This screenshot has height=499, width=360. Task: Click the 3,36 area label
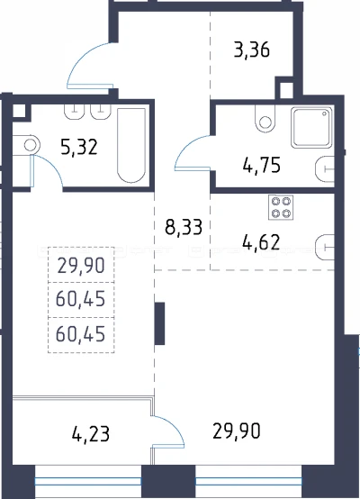(252, 50)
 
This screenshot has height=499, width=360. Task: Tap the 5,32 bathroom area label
(79, 148)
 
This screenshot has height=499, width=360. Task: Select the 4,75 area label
(261, 165)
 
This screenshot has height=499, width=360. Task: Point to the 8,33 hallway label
(184, 227)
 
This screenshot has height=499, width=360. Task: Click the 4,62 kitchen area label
(261, 242)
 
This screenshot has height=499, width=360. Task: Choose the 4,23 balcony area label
(91, 434)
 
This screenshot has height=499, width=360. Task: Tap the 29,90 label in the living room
(237, 431)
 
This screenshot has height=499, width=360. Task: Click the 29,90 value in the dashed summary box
(81, 266)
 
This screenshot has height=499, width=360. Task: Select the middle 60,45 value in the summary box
(80, 299)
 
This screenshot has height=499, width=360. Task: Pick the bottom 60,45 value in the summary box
(80, 334)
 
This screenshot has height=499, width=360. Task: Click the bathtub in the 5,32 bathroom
(131, 145)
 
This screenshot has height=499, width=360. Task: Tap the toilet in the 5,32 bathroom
(26, 145)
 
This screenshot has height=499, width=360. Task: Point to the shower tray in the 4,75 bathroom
(311, 127)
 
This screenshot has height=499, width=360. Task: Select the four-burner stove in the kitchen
(281, 207)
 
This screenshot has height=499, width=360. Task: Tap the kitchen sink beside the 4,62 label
(325, 247)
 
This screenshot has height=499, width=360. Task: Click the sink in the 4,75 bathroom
(325, 169)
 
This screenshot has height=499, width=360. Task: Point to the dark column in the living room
(159, 323)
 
